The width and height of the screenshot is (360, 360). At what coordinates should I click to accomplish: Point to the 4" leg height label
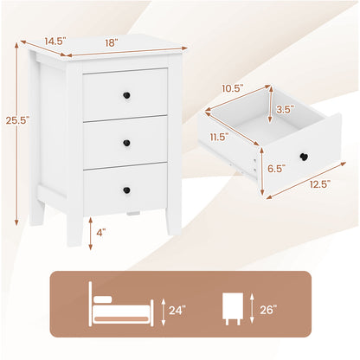point(103,233)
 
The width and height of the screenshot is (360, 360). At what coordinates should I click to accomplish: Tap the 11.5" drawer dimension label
point(218,135)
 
